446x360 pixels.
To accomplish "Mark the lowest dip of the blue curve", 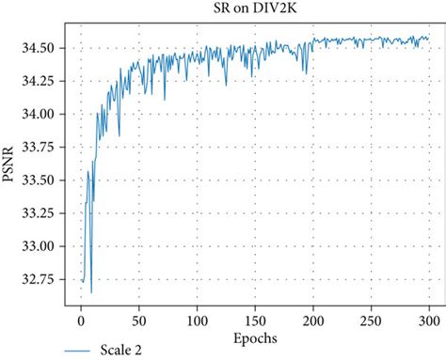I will (x=91, y=292).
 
